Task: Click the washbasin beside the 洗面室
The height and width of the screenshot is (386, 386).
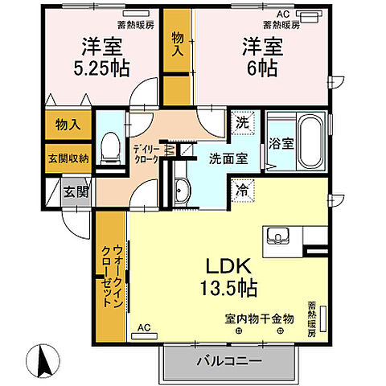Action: click(x=181, y=191)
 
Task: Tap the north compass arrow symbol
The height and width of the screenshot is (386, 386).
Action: click(x=43, y=357)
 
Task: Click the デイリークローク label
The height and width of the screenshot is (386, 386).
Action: click(x=146, y=152)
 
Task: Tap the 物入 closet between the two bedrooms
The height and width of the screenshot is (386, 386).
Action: click(x=178, y=43)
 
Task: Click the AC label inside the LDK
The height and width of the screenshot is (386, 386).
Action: click(x=143, y=328)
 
